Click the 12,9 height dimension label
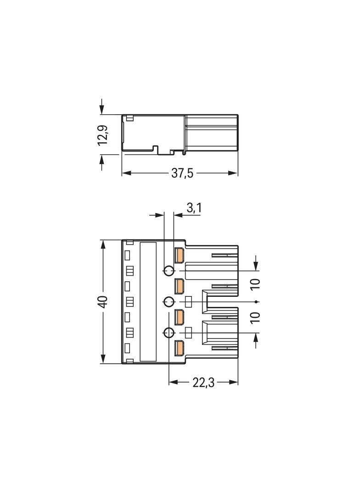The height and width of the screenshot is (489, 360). click(x=103, y=134)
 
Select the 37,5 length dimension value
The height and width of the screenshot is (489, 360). click(x=182, y=173)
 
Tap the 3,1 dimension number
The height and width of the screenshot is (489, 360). click(x=194, y=208)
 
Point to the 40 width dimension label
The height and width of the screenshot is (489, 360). click(x=103, y=301)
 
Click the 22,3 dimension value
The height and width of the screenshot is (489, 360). click(x=203, y=382)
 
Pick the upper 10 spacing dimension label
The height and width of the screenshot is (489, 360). click(x=256, y=284)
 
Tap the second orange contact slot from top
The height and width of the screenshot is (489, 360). click(x=179, y=286)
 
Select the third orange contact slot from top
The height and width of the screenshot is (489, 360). click(x=179, y=317)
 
